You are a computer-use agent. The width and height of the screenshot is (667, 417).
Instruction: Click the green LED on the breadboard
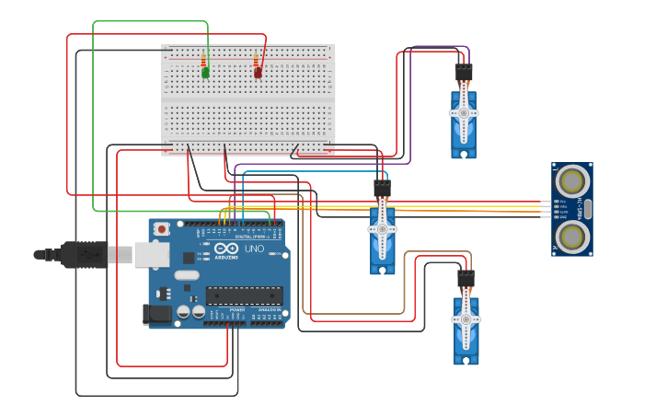coord(205,73)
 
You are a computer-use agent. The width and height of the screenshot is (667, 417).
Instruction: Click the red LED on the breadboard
coord(258,72)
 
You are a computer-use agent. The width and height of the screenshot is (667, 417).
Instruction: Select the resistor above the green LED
coord(204,61)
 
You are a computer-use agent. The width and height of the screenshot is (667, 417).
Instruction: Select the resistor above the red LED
coord(257,61)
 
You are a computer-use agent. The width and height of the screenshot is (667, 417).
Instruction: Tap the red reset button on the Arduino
coord(162,228)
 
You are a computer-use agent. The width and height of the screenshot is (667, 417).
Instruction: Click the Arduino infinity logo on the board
coord(225,249)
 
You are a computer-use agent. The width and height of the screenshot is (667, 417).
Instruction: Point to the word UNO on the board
coord(253,249)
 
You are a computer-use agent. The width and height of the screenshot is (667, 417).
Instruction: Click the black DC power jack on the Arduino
coord(157,314)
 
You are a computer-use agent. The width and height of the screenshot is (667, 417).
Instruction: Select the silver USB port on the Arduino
coord(152,254)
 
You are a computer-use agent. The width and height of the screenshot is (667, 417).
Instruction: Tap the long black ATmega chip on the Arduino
coord(244,295)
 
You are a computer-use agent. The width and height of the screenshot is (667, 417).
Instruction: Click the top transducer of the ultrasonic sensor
coord(572,180)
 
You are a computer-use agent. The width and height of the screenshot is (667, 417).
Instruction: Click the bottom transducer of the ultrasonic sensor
coord(572,237)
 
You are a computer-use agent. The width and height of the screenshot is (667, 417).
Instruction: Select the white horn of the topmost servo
coord(464,113)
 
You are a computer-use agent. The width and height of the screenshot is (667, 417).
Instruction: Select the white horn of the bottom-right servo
coord(466,319)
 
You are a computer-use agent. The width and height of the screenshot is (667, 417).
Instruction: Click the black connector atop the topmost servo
coord(464,73)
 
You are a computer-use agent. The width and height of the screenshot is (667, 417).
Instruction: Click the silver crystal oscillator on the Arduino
coord(187,274)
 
